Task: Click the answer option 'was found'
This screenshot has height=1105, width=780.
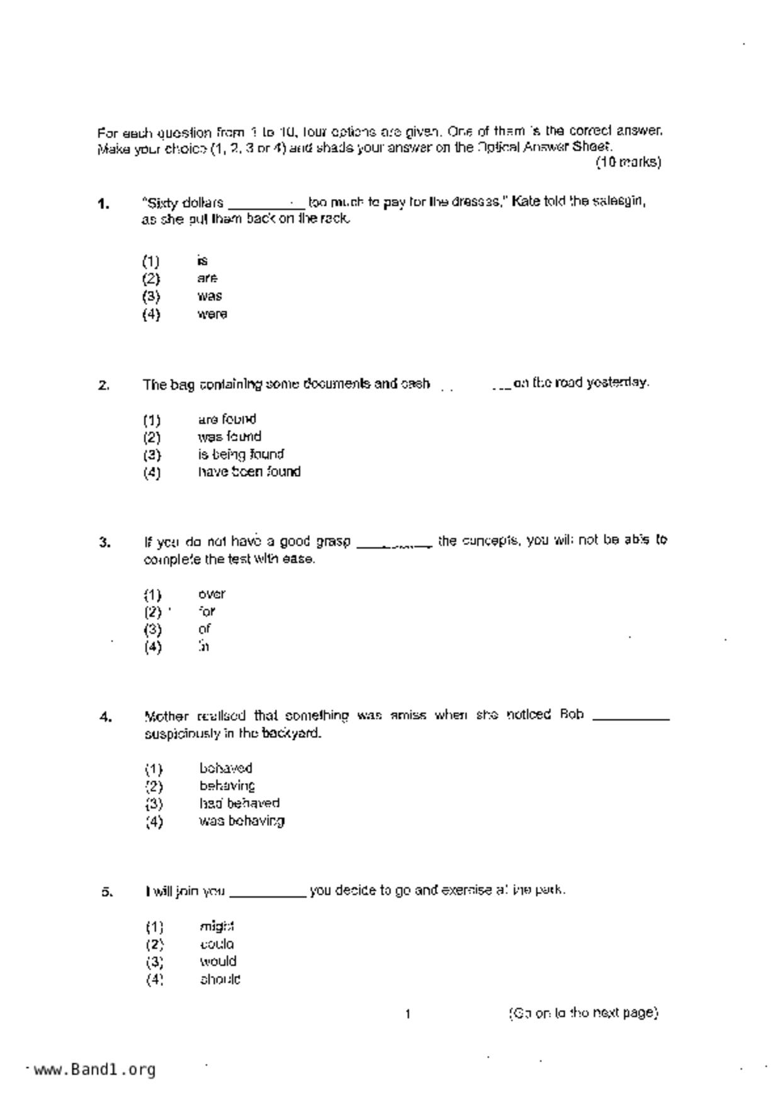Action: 229,437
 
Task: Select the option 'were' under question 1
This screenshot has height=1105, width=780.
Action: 212,314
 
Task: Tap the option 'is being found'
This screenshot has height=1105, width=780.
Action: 240,454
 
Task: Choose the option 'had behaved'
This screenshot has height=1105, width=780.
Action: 239,803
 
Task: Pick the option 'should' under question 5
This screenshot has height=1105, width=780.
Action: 220,979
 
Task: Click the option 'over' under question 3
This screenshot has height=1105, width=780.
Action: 212,594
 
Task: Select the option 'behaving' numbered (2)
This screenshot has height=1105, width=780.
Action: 227,786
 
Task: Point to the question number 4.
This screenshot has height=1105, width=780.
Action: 106,717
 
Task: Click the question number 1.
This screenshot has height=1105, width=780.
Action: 104,203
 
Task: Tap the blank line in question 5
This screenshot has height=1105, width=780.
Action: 268,895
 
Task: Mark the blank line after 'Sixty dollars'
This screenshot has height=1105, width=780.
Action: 266,206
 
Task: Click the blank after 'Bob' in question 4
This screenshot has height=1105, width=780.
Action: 631,718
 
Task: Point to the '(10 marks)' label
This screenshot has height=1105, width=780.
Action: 628,163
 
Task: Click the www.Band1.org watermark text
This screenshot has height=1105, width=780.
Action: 94,1070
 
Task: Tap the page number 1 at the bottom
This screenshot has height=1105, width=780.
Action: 408,1014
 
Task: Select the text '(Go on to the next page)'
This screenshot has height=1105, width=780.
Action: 583,1013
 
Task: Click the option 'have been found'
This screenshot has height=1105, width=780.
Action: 249,472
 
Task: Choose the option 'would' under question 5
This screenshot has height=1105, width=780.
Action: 218,961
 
